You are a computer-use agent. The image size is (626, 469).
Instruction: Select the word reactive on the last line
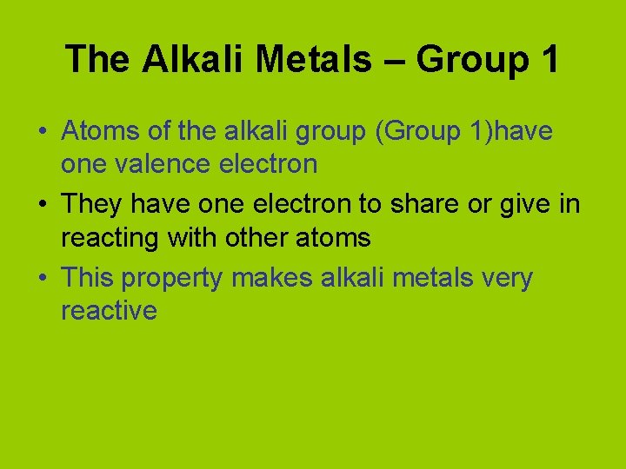pos(109,310)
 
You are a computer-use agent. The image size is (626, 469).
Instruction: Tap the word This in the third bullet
pos(88,280)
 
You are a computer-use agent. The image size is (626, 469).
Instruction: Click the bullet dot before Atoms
pos(42,133)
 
